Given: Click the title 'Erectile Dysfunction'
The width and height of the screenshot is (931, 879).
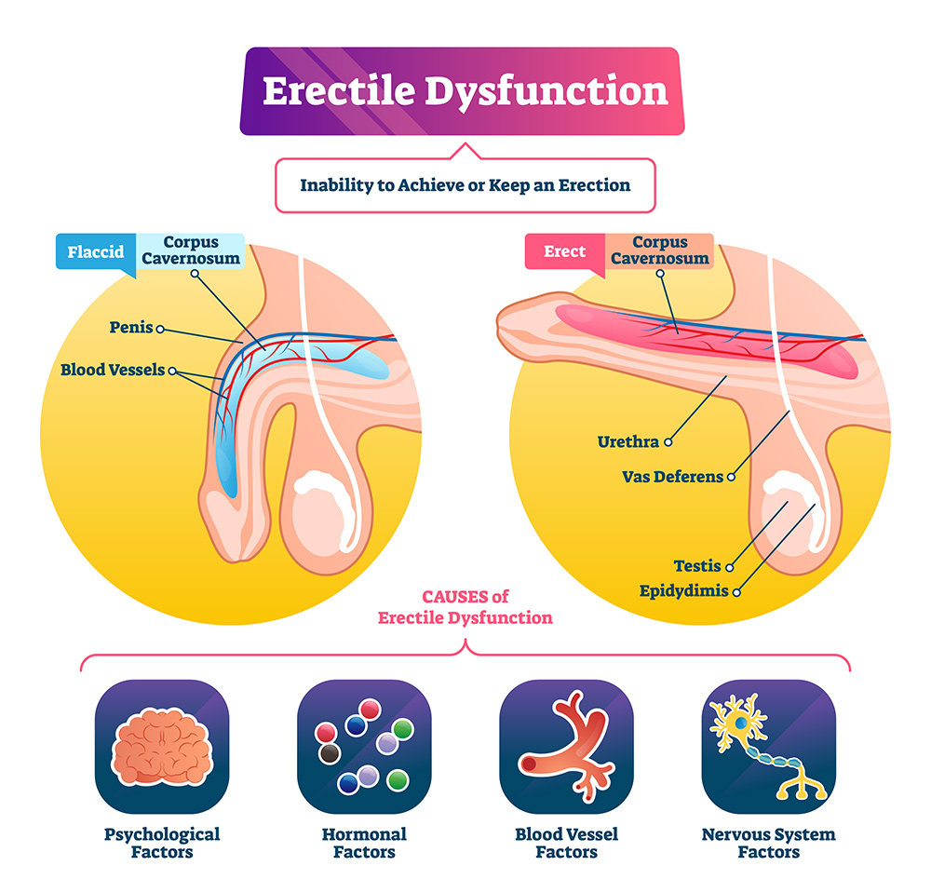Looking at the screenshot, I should tap(465, 92).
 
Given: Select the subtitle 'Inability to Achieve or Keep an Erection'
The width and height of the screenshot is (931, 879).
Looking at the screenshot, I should tap(465, 184).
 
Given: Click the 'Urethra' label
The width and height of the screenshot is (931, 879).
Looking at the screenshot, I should tap(627, 440).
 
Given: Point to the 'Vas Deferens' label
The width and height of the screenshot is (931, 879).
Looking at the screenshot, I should tap(672, 477).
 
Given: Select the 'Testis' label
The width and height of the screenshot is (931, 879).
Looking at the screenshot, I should tap(697, 565).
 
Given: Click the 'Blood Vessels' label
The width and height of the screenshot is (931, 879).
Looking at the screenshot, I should tap(112, 370).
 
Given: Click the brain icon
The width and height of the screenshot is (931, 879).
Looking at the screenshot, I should tap(162, 746).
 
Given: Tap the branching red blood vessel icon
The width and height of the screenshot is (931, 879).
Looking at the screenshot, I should tap(566, 746).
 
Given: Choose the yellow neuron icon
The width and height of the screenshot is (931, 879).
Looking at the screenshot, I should tap(768, 746).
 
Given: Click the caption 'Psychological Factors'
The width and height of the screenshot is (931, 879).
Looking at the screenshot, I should tap(162, 842).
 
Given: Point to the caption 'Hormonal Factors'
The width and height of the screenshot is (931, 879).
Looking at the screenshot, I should tap(364, 842).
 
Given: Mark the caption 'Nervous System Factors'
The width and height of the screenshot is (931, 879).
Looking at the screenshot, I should tap(768, 842).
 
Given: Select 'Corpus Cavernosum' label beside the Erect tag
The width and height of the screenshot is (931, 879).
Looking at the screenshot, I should tap(660, 250).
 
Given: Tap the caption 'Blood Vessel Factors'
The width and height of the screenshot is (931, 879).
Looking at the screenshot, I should tap(566, 842).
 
